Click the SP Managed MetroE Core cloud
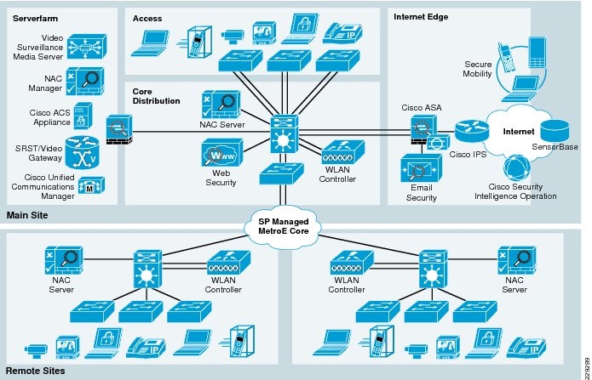[286, 225]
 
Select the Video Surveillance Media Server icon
[88, 46]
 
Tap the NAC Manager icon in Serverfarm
[88, 82]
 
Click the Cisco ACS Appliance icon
[83, 114]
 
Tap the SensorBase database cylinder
[558, 129]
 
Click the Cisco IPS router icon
[468, 132]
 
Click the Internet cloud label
[518, 133]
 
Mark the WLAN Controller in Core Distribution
[338, 155]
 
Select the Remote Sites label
[35, 371]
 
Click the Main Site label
[27, 216]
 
